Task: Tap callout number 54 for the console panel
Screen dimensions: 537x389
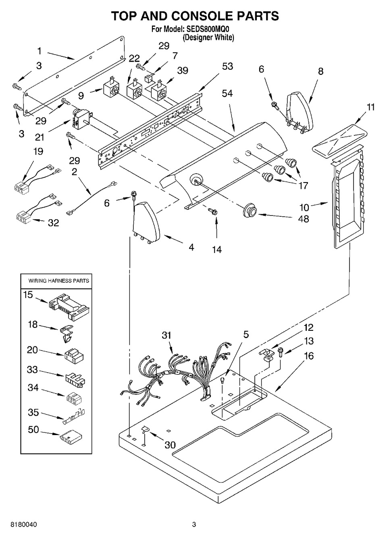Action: coord(227,93)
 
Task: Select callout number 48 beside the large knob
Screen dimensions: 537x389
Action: coord(304,220)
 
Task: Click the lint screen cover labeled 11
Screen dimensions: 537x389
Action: coord(338,140)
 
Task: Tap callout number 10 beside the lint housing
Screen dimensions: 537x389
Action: coord(304,207)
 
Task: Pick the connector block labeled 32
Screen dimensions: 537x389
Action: coord(23,216)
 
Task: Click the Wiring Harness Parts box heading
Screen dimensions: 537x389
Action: coord(58,280)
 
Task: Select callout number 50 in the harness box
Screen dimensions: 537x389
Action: coord(33,430)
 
